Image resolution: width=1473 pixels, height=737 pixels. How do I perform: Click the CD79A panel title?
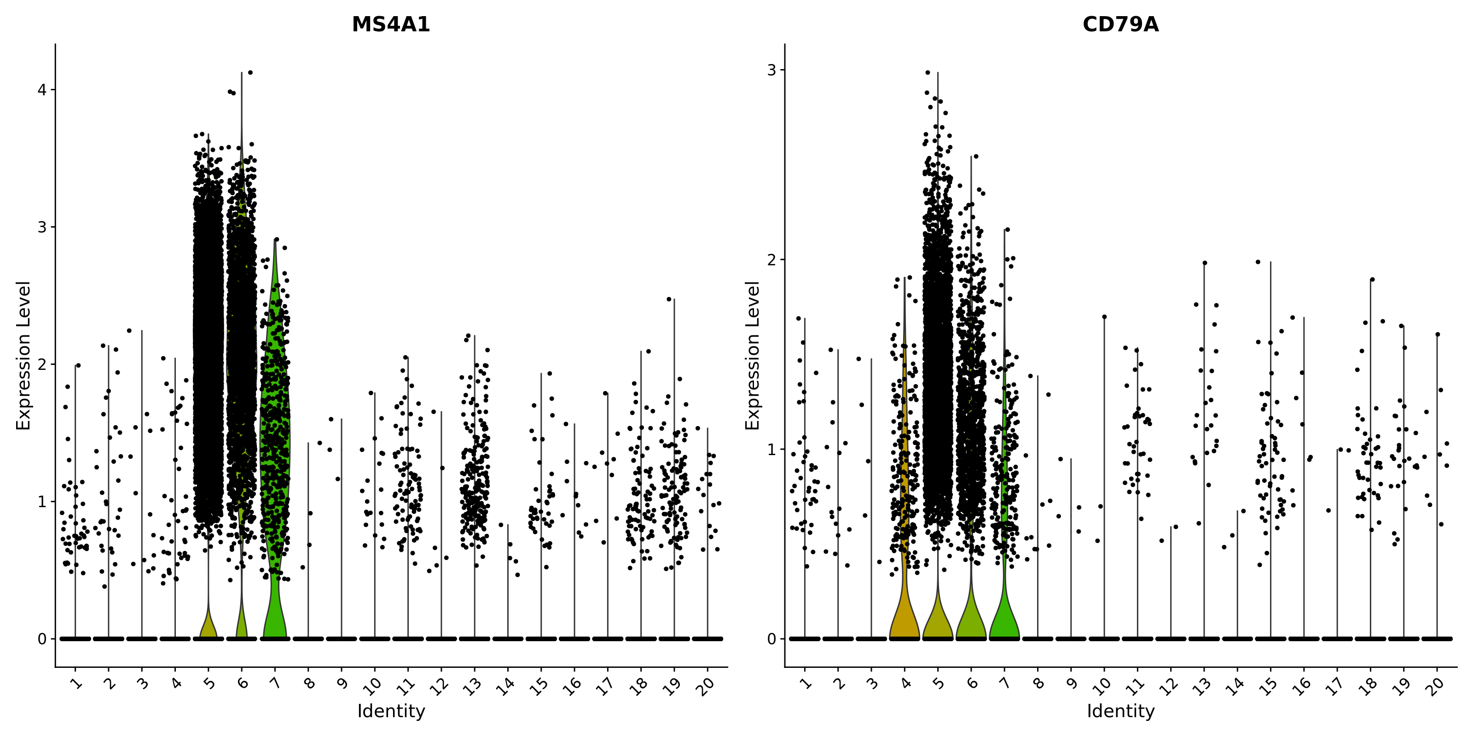pos(1120,24)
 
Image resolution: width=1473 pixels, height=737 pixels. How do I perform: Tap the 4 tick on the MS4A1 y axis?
pos(42,90)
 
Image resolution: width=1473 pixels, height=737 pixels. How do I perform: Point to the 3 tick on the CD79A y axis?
pos(772,70)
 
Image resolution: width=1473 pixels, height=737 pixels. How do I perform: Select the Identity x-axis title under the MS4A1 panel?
pos(391,711)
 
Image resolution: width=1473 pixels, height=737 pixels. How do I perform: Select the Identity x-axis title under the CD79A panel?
pos(1121,711)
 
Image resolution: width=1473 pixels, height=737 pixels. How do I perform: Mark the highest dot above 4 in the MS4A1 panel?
pos(250,73)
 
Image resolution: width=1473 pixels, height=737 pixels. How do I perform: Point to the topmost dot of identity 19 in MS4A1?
pos(668,298)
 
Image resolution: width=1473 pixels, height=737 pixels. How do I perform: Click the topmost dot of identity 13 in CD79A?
pos(1204,263)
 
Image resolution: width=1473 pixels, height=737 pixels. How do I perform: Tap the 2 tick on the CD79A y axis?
pos(772,260)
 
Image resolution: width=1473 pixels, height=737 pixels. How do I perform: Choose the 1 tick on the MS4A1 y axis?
pos(42,501)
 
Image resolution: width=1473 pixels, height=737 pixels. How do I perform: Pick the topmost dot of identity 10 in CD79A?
pos(1105,316)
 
